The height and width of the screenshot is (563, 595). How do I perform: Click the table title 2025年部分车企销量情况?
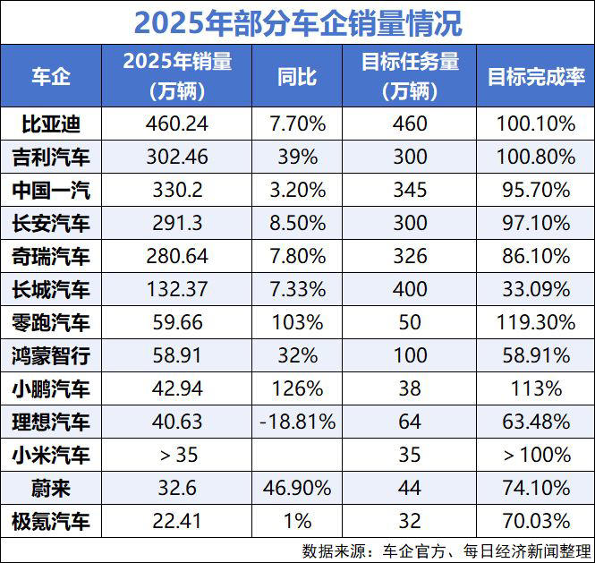[297, 21]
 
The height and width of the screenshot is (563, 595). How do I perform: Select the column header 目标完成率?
[535, 75]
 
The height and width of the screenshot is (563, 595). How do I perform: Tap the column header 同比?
[297, 75]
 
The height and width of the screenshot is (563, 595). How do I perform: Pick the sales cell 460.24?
[177, 124]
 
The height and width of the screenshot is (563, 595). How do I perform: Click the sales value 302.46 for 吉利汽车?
[177, 157]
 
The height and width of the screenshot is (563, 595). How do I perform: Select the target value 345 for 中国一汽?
[410, 190]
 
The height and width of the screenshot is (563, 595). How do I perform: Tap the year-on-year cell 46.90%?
[297, 489]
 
